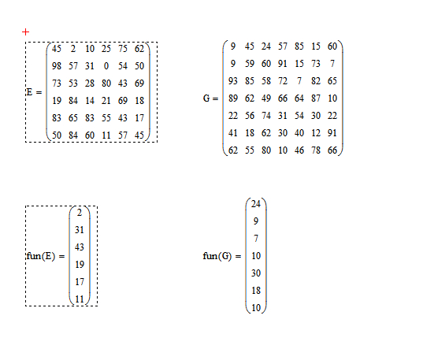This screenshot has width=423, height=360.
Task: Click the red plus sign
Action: (x=26, y=32)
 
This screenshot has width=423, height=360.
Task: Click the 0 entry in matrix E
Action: (x=106, y=66)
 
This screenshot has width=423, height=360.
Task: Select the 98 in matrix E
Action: (x=57, y=66)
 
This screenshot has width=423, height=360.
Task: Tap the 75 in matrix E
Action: (x=123, y=49)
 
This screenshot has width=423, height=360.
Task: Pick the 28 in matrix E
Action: (x=90, y=84)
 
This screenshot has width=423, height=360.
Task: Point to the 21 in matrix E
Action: (x=106, y=101)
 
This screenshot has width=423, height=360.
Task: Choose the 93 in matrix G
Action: (x=233, y=81)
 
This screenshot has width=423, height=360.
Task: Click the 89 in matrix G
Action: (x=233, y=98)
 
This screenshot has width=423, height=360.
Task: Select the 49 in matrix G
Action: (x=266, y=98)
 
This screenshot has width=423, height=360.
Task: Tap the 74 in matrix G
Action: (x=266, y=116)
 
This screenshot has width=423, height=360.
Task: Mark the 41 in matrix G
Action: (x=233, y=133)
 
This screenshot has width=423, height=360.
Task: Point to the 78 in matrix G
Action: (x=316, y=150)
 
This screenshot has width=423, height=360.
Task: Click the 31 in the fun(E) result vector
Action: (x=80, y=230)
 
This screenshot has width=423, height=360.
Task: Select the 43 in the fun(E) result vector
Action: (x=80, y=247)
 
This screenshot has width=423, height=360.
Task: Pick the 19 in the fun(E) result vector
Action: (x=80, y=265)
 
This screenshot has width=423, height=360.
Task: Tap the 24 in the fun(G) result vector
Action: (x=256, y=204)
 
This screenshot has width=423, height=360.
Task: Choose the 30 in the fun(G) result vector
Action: (x=256, y=273)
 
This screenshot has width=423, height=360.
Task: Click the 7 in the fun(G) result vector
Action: (x=256, y=239)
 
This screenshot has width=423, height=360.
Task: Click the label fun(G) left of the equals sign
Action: (x=217, y=256)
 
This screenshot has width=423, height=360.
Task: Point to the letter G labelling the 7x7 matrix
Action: (x=206, y=98)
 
